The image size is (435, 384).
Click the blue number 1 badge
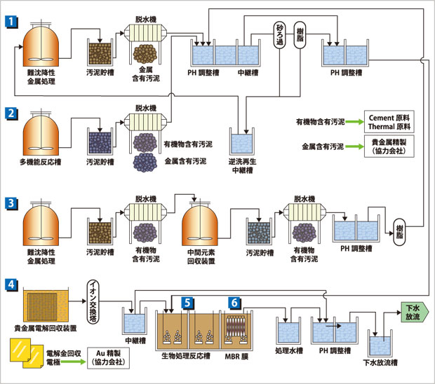pos(12,21)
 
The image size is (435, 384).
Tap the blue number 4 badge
pos(12,284)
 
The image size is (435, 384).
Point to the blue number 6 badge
pos(234,303)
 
